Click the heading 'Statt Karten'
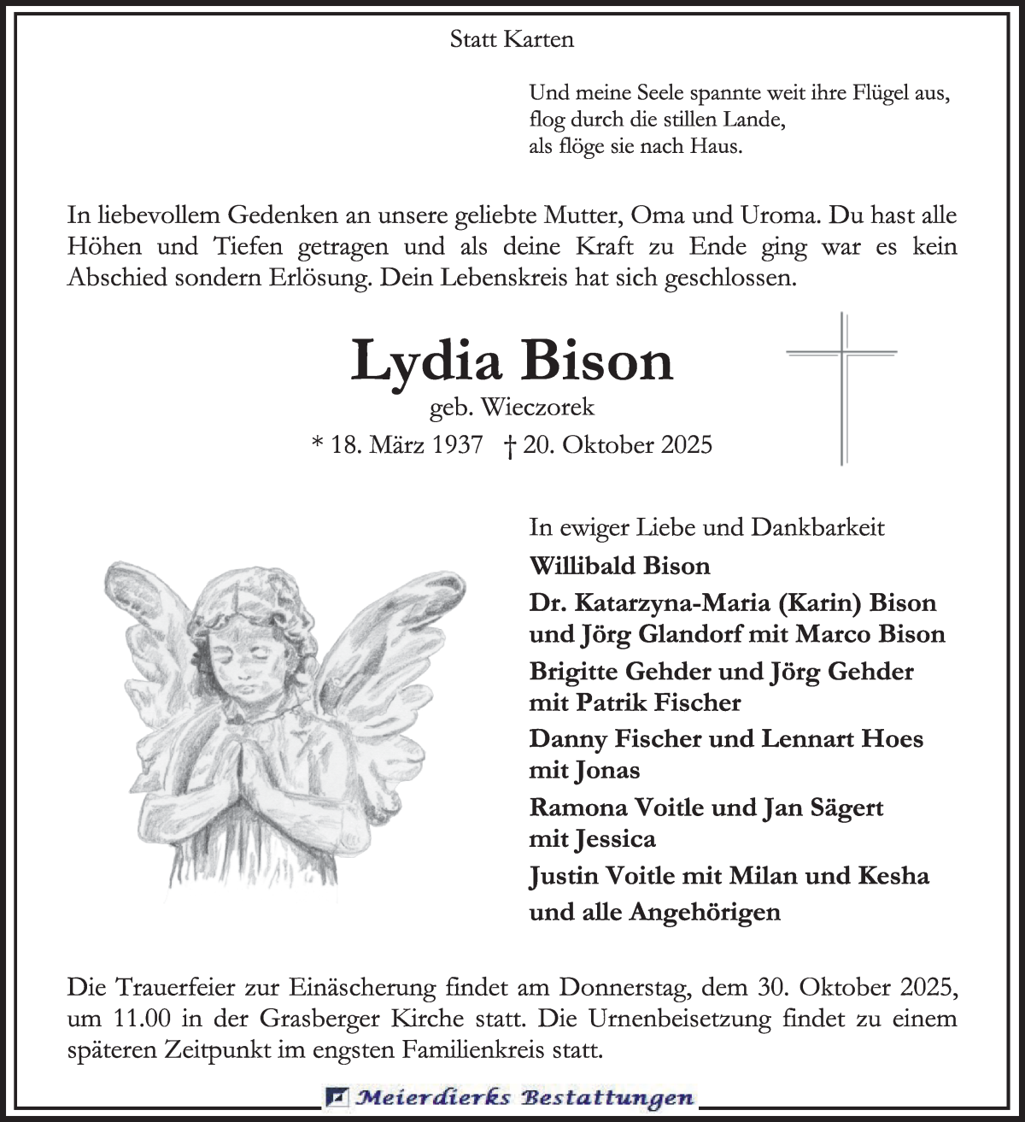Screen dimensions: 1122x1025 [512, 39]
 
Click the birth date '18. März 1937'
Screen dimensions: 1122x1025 [406, 444]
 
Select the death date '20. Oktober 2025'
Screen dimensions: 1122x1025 [617, 444]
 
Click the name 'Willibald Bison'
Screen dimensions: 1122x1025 [619, 566]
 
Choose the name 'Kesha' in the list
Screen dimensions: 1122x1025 [893, 876]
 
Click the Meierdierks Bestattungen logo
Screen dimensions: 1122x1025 [511, 1098]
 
